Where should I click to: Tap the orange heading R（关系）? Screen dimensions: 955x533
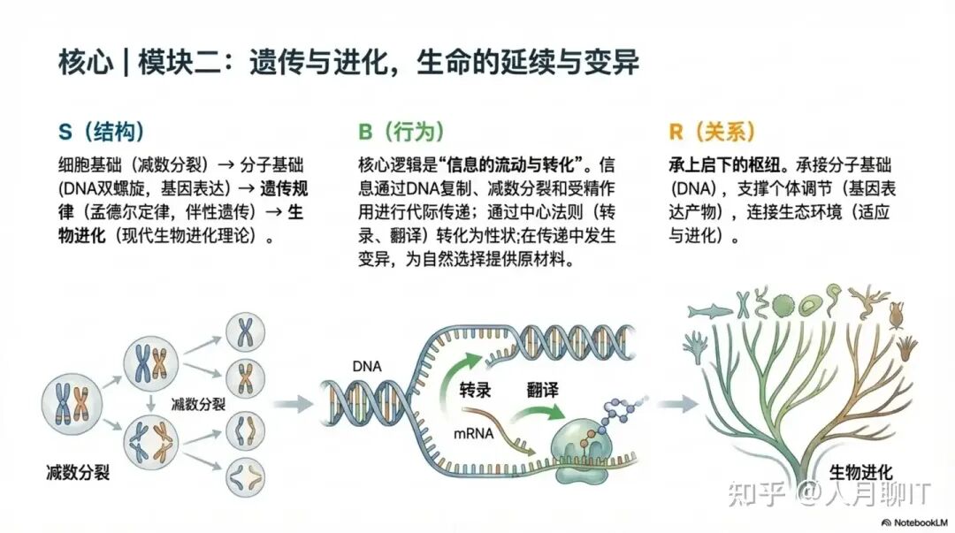712,133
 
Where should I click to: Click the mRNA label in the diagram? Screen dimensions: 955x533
474,434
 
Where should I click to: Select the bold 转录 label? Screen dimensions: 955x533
475,390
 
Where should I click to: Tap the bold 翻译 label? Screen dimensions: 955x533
542,389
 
